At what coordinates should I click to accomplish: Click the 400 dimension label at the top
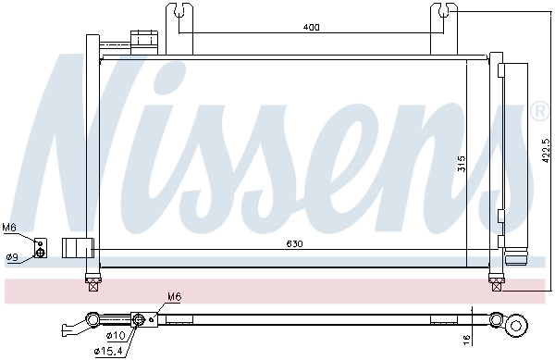(x=311, y=28)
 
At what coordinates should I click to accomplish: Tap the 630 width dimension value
(x=292, y=244)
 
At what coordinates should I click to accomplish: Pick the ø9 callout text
(x=12, y=257)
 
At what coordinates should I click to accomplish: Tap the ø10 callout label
(x=115, y=335)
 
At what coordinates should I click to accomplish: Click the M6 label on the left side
(x=9, y=227)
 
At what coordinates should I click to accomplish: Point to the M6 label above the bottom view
(x=175, y=297)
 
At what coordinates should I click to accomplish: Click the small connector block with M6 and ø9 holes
(x=40, y=248)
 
